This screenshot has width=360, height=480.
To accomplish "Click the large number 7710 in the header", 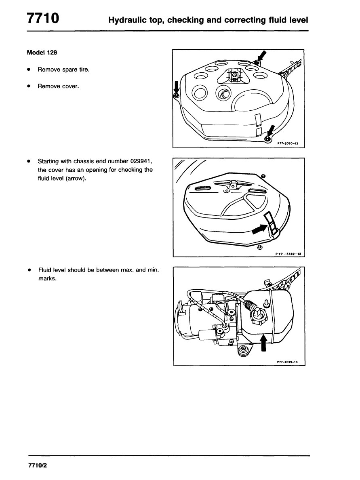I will click(44, 19).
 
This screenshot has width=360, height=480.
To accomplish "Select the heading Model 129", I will click(42, 53).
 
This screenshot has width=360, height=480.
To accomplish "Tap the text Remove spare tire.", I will click(63, 70).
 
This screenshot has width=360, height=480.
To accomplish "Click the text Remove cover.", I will click(58, 86).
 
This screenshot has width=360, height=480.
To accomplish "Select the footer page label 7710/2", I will click(38, 466).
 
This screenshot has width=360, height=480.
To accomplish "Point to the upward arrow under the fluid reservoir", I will click(263, 343).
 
